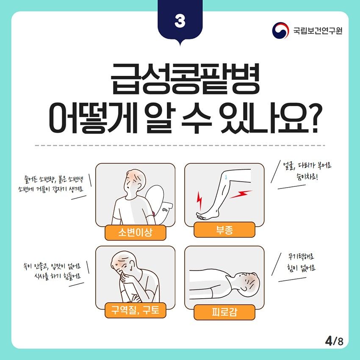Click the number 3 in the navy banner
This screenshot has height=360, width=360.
(180, 21)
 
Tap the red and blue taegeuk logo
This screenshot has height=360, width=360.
(280, 30)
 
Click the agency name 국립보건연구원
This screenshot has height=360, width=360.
(318, 30)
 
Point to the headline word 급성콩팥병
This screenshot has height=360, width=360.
(185, 78)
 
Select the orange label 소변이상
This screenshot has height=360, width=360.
(135, 233)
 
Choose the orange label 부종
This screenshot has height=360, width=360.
(224, 230)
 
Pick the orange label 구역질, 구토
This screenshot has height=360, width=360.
(135, 310)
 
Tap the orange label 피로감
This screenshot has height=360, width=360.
(224, 312)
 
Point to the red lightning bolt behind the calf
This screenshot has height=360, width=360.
(241, 194)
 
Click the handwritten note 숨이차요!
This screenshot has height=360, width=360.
(307, 177)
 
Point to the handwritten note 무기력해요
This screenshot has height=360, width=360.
(301, 257)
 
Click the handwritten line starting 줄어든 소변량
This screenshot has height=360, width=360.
(53, 179)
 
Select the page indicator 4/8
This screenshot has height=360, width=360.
(334, 341)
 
